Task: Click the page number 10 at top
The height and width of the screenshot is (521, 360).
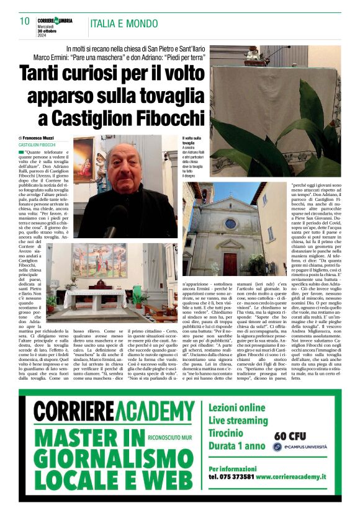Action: point(25,21)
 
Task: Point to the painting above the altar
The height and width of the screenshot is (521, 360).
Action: point(98,260)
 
